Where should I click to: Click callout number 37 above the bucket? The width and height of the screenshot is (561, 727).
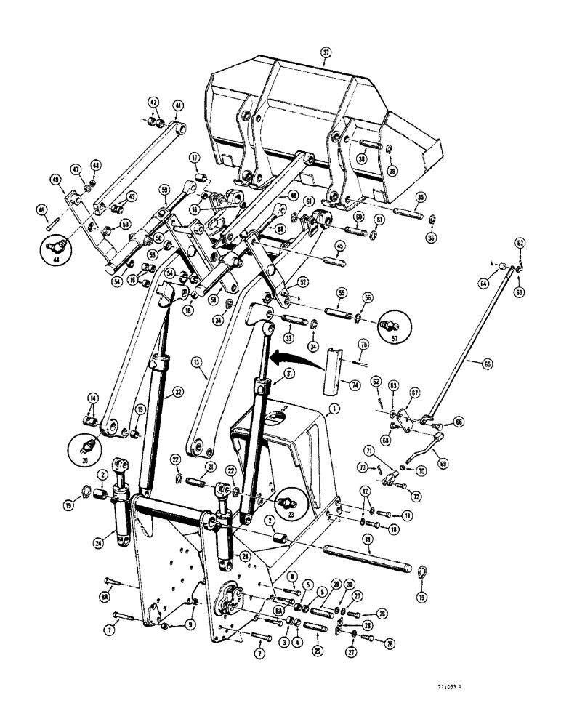[326, 52]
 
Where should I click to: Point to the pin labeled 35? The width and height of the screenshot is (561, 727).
[411, 213]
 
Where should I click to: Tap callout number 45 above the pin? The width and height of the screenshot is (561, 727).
[339, 245]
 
